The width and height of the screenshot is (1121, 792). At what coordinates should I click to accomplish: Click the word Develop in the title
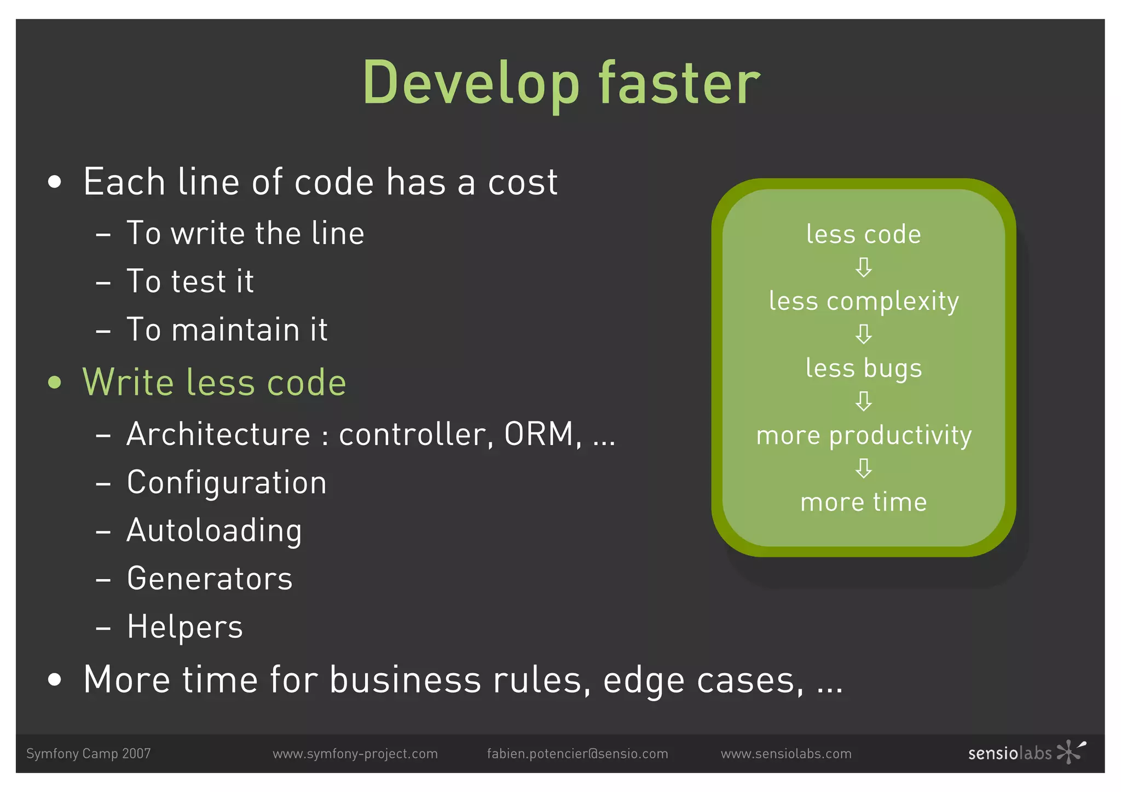[x=471, y=84]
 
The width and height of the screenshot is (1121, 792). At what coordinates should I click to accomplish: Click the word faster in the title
[x=679, y=84]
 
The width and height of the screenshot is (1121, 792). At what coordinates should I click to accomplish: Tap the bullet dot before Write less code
[x=54, y=382]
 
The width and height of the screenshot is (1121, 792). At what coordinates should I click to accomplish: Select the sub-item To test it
[x=190, y=281]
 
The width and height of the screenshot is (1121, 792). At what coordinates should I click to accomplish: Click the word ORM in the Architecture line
[x=539, y=434]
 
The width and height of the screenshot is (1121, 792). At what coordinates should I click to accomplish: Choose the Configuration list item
[x=227, y=483]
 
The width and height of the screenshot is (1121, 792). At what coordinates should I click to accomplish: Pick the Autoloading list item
[x=214, y=531]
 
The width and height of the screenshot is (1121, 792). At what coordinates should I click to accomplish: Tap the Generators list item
[x=210, y=579]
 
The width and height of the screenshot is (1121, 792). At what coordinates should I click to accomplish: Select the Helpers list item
[x=184, y=627]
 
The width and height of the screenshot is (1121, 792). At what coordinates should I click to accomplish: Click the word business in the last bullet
[x=405, y=680]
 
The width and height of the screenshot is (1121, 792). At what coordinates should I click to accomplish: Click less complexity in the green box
[x=863, y=301]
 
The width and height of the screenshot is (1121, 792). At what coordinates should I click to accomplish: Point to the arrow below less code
[x=863, y=268]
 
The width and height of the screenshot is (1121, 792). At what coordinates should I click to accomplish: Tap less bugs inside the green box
[x=863, y=368]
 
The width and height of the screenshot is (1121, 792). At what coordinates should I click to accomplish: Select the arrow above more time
[x=863, y=469]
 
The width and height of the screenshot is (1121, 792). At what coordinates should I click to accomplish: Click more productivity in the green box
[x=863, y=435]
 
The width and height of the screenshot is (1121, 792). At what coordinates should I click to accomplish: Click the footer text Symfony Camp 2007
[x=88, y=754]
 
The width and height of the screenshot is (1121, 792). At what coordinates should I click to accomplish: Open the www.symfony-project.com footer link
[x=355, y=754]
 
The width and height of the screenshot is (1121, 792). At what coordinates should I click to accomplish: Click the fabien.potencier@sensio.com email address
[x=577, y=754]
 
